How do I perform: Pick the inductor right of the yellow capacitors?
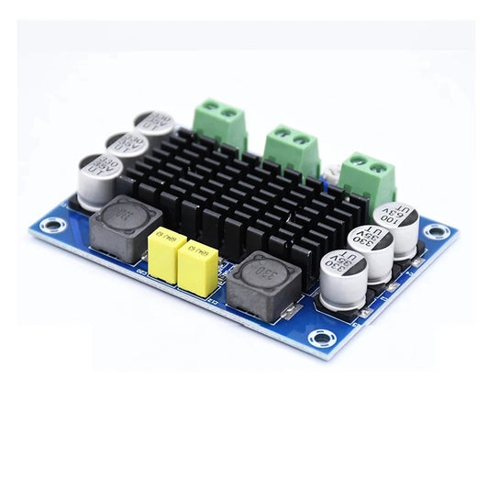click(263, 283)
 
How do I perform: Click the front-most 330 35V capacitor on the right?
click(342, 274)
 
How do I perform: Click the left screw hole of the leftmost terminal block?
click(210, 112)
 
